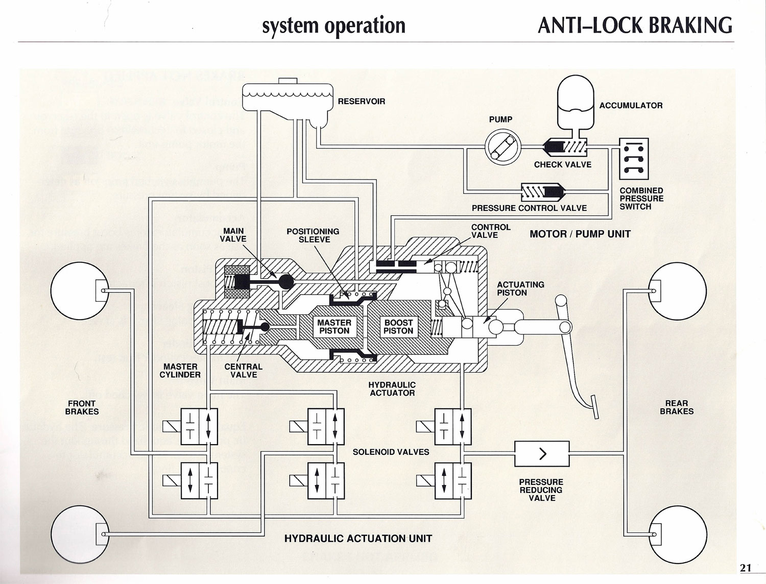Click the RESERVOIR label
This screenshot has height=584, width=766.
362,102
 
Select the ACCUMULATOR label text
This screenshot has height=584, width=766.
631,106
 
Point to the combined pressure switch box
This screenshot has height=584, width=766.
634,158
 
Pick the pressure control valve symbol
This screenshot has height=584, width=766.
542,192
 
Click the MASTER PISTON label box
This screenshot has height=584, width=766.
334,327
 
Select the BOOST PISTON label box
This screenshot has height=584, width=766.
398,327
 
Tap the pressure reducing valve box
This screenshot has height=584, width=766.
542,453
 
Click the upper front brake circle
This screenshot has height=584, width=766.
81,291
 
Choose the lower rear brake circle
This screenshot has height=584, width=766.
677,533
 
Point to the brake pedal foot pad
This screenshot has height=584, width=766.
594,407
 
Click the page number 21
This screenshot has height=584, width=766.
746,568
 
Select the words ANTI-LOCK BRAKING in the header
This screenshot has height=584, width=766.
635,26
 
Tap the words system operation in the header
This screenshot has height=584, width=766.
333,26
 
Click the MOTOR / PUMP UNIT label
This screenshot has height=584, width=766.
580,234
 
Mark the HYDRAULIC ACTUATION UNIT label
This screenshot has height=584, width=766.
358,539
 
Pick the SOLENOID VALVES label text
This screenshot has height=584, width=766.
391,452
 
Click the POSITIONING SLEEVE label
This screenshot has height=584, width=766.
313,236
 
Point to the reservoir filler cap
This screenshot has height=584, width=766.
289,81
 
